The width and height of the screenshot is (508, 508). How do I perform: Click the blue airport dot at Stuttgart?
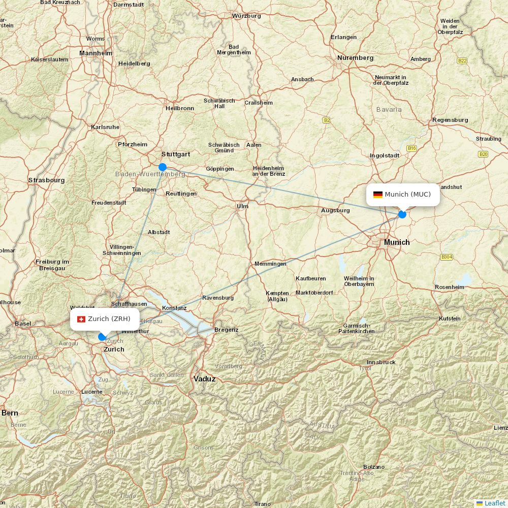[x=163, y=167]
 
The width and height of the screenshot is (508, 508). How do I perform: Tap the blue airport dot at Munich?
[x=402, y=214]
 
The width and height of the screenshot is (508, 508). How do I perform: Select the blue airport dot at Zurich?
[x=102, y=336]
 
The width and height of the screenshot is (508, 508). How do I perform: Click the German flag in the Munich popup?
[x=378, y=195]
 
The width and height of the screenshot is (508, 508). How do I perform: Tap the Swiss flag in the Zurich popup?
[x=81, y=319]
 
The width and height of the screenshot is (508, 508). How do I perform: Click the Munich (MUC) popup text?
[x=407, y=195]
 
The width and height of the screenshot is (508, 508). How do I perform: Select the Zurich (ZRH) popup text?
[x=109, y=319]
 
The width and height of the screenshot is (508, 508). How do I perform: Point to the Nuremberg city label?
[x=355, y=58]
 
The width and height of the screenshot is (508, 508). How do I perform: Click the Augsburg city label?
[x=335, y=210]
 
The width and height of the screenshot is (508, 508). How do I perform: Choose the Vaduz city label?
[x=205, y=379]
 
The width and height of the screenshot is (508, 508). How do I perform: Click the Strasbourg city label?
[x=46, y=180]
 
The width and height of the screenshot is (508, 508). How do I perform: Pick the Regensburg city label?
[x=450, y=120]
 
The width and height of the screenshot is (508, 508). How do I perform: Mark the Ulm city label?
[x=242, y=206]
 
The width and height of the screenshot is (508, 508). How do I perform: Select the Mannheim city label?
[x=96, y=53]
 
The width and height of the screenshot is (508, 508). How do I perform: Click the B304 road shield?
[x=447, y=257]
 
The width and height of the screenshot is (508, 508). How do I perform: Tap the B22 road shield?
[x=462, y=61]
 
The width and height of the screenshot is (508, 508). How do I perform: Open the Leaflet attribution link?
[x=494, y=503]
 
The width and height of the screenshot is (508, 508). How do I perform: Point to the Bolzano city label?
[x=374, y=467]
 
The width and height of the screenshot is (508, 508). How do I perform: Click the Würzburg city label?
[x=246, y=16]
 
